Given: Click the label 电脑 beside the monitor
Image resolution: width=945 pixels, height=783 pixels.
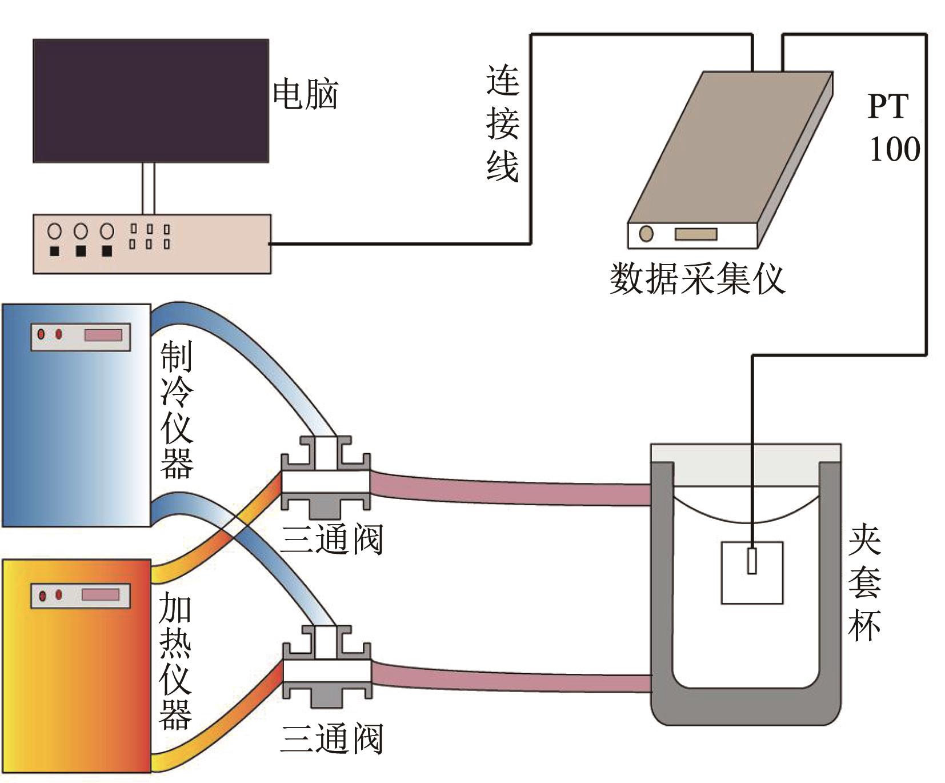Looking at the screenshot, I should click(306, 94).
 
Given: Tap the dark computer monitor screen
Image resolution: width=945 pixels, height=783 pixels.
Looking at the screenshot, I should click(151, 101).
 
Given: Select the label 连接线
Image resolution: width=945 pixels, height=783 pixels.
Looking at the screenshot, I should click(502, 123).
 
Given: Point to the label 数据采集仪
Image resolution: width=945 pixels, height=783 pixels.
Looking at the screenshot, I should click(697, 279).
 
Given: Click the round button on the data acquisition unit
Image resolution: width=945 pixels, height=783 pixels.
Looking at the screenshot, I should click(646, 234).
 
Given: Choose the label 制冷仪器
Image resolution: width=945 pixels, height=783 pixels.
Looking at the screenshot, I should click(177, 409).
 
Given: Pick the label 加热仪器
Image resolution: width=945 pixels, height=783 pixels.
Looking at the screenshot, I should click(175, 660).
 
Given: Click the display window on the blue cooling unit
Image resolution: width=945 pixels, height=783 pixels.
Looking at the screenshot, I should click(103, 335).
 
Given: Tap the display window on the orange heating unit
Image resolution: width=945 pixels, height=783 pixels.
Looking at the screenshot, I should click(101, 595).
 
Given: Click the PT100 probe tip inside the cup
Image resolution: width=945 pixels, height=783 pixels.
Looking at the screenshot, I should click(752, 561).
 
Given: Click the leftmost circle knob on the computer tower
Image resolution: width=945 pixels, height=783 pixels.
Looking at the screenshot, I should click(55, 231).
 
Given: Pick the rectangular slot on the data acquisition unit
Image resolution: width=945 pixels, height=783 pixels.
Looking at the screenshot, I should click(695, 234).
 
